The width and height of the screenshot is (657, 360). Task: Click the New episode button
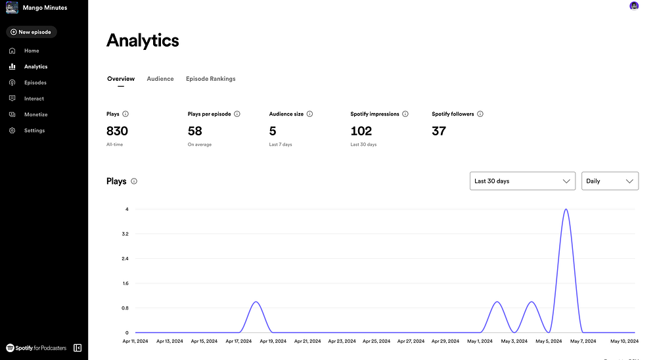click(x=32, y=32)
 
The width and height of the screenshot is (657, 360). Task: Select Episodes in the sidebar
click(x=35, y=83)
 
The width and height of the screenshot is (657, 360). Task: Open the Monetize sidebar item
click(x=35, y=114)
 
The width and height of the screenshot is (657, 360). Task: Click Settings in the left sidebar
click(x=34, y=131)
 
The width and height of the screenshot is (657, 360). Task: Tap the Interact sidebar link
click(x=34, y=99)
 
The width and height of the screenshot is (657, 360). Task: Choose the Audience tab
click(x=160, y=79)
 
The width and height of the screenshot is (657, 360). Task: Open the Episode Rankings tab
click(x=210, y=79)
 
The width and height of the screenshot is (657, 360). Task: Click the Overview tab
click(x=121, y=79)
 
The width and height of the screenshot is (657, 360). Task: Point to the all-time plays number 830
click(x=117, y=131)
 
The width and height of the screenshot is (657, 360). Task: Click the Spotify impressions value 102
click(x=361, y=131)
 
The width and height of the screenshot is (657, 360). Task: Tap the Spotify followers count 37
click(x=439, y=131)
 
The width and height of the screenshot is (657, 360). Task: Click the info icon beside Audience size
click(x=309, y=114)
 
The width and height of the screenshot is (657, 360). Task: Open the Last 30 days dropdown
click(x=522, y=181)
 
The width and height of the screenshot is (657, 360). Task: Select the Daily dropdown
click(x=610, y=181)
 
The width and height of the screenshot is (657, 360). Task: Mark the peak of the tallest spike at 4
click(x=566, y=210)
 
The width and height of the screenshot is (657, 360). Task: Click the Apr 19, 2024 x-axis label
click(x=273, y=342)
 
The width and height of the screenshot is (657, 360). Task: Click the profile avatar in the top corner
click(x=634, y=6)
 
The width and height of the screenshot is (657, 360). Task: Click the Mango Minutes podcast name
click(x=45, y=8)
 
